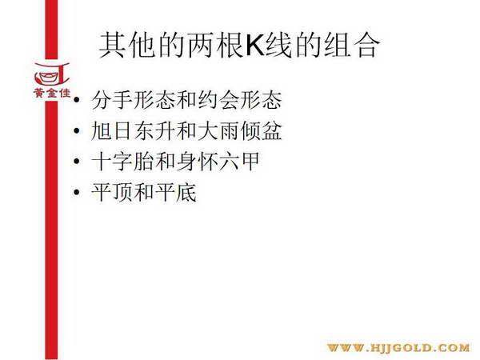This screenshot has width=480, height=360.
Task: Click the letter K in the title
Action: click(255, 45)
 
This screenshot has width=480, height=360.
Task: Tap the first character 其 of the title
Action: click(112, 45)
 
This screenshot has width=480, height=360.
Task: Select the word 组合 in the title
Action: click(352, 45)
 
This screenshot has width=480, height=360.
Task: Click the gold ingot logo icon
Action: click(51, 74)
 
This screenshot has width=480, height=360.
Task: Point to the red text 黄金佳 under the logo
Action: click(52, 93)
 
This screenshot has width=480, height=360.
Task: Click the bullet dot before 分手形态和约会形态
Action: click(77, 100)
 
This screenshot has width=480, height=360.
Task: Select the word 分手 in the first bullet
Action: click(112, 100)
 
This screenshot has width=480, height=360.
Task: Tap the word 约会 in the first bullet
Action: click(218, 100)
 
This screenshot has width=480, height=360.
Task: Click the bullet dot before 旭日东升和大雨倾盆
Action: click(77, 130)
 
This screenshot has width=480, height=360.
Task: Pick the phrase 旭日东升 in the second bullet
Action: click(133, 130)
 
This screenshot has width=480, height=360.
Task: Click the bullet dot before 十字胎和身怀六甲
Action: click(77, 161)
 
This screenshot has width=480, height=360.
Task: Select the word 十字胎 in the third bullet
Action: click(122, 161)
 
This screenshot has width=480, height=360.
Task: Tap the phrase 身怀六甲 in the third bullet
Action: click(218, 161)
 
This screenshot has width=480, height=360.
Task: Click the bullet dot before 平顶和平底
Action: click(77, 192)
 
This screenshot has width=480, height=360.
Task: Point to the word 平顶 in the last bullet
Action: click(112, 192)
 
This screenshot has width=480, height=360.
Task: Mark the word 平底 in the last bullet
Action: click(176, 192)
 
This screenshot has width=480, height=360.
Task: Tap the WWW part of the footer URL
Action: click(346, 348)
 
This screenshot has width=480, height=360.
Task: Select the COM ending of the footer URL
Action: click(454, 348)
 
